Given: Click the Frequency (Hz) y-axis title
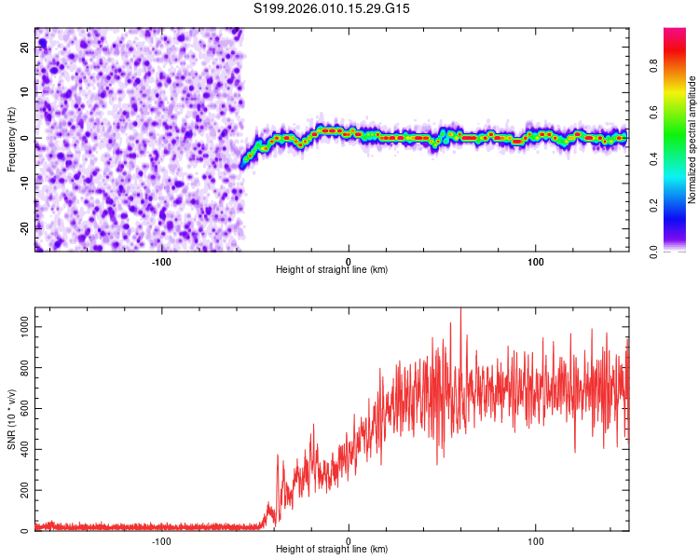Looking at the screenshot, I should tap(11, 139).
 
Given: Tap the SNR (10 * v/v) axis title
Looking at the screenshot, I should tap(11, 418).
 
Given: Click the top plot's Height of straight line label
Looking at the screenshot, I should tap(332, 269).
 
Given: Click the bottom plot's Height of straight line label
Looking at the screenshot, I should tap(332, 550).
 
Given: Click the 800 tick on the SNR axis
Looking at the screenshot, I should tap(22, 367).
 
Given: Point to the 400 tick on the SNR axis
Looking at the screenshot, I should tap(22, 449).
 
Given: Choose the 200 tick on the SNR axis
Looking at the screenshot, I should tap(22, 490).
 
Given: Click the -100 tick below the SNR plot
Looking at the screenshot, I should tap(161, 540).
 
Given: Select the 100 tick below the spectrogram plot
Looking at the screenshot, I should tap(536, 261).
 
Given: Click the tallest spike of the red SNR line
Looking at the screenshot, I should tap(460, 310).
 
